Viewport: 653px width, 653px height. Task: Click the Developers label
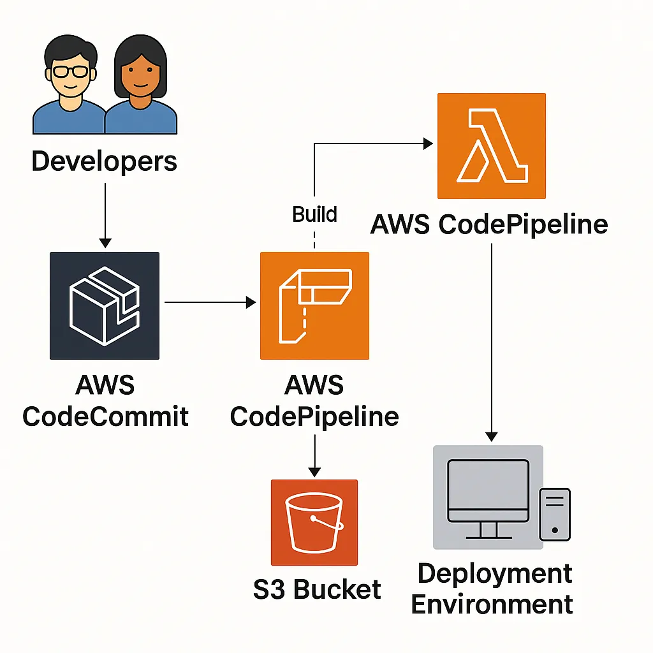[x=104, y=161]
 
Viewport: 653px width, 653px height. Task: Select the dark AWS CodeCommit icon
[x=105, y=305]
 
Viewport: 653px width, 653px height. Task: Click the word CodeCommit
[x=105, y=416]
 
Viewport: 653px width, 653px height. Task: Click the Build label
[x=314, y=214]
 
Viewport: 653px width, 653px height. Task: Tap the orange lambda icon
[x=491, y=146]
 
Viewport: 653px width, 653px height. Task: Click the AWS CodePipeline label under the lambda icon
[x=489, y=224]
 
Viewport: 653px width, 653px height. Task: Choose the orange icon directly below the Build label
[x=314, y=305]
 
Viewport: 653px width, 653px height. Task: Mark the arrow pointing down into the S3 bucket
[x=314, y=455]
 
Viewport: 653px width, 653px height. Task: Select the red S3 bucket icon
[x=314, y=522]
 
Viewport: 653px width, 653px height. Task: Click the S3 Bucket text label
[x=317, y=589]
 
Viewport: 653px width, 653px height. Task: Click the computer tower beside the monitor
[x=555, y=514]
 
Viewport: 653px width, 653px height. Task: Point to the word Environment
[x=492, y=603]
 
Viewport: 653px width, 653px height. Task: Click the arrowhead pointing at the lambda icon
[x=427, y=144]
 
